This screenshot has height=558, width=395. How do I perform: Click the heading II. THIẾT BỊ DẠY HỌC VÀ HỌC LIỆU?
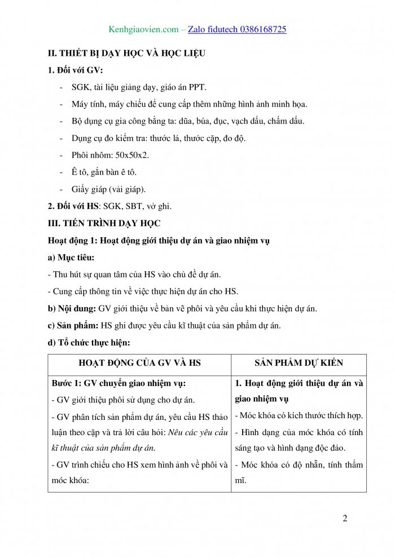[126, 54]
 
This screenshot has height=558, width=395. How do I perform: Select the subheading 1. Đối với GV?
[76, 70]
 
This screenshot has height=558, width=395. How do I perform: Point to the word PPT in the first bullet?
[197, 87]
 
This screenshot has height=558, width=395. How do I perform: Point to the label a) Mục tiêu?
[72, 258]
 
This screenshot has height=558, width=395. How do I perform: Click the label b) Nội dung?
[72, 308]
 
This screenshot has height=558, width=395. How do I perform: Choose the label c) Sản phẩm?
[73, 325]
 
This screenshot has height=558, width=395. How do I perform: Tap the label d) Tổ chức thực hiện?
[89, 342]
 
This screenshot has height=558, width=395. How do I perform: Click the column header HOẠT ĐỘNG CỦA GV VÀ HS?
[140, 364]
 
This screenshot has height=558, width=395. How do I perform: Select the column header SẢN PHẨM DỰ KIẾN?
[299, 364]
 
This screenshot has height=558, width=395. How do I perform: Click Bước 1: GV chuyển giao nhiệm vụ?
[118, 383]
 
